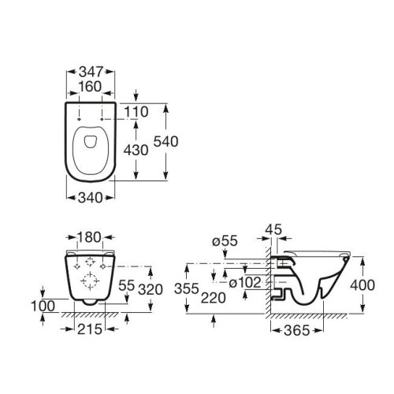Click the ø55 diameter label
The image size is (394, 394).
click(225, 241)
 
